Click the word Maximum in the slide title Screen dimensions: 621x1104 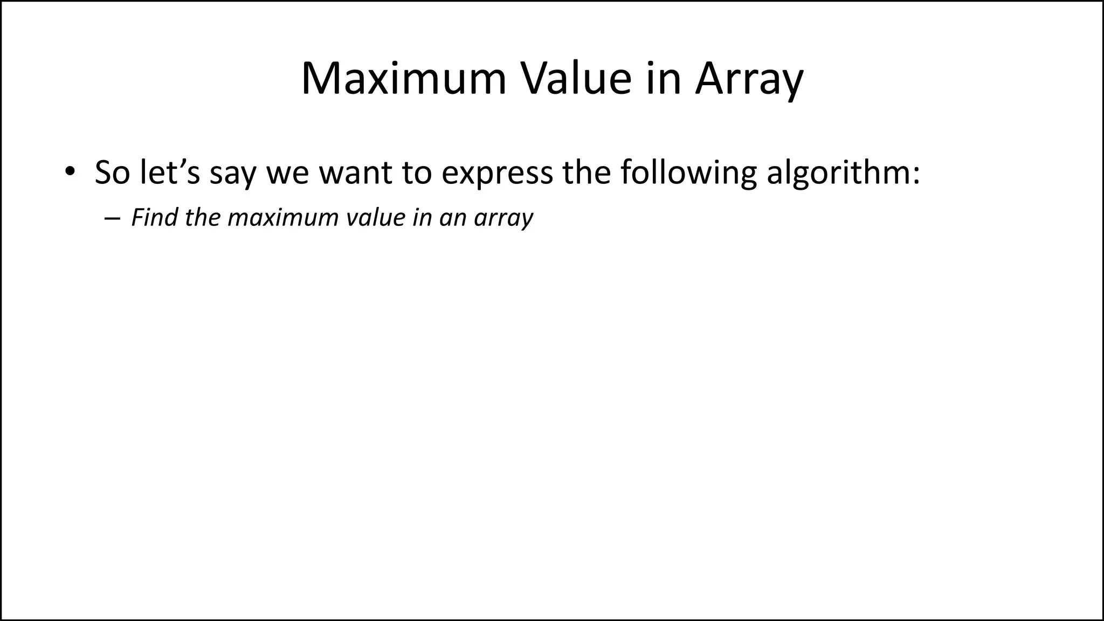click(x=404, y=80)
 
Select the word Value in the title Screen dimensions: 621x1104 click(x=575, y=80)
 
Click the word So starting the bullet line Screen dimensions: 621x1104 click(x=112, y=172)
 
